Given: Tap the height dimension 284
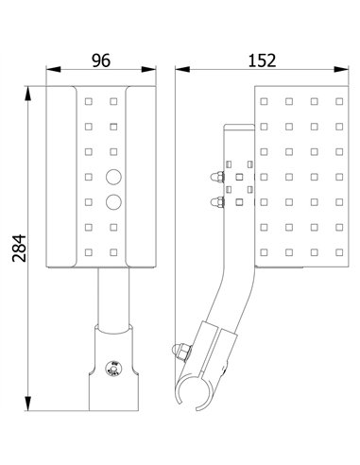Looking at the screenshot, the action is click(x=16, y=249).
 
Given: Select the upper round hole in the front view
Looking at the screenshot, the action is click(x=113, y=177).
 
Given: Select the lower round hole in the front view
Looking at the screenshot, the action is click(x=113, y=200).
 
